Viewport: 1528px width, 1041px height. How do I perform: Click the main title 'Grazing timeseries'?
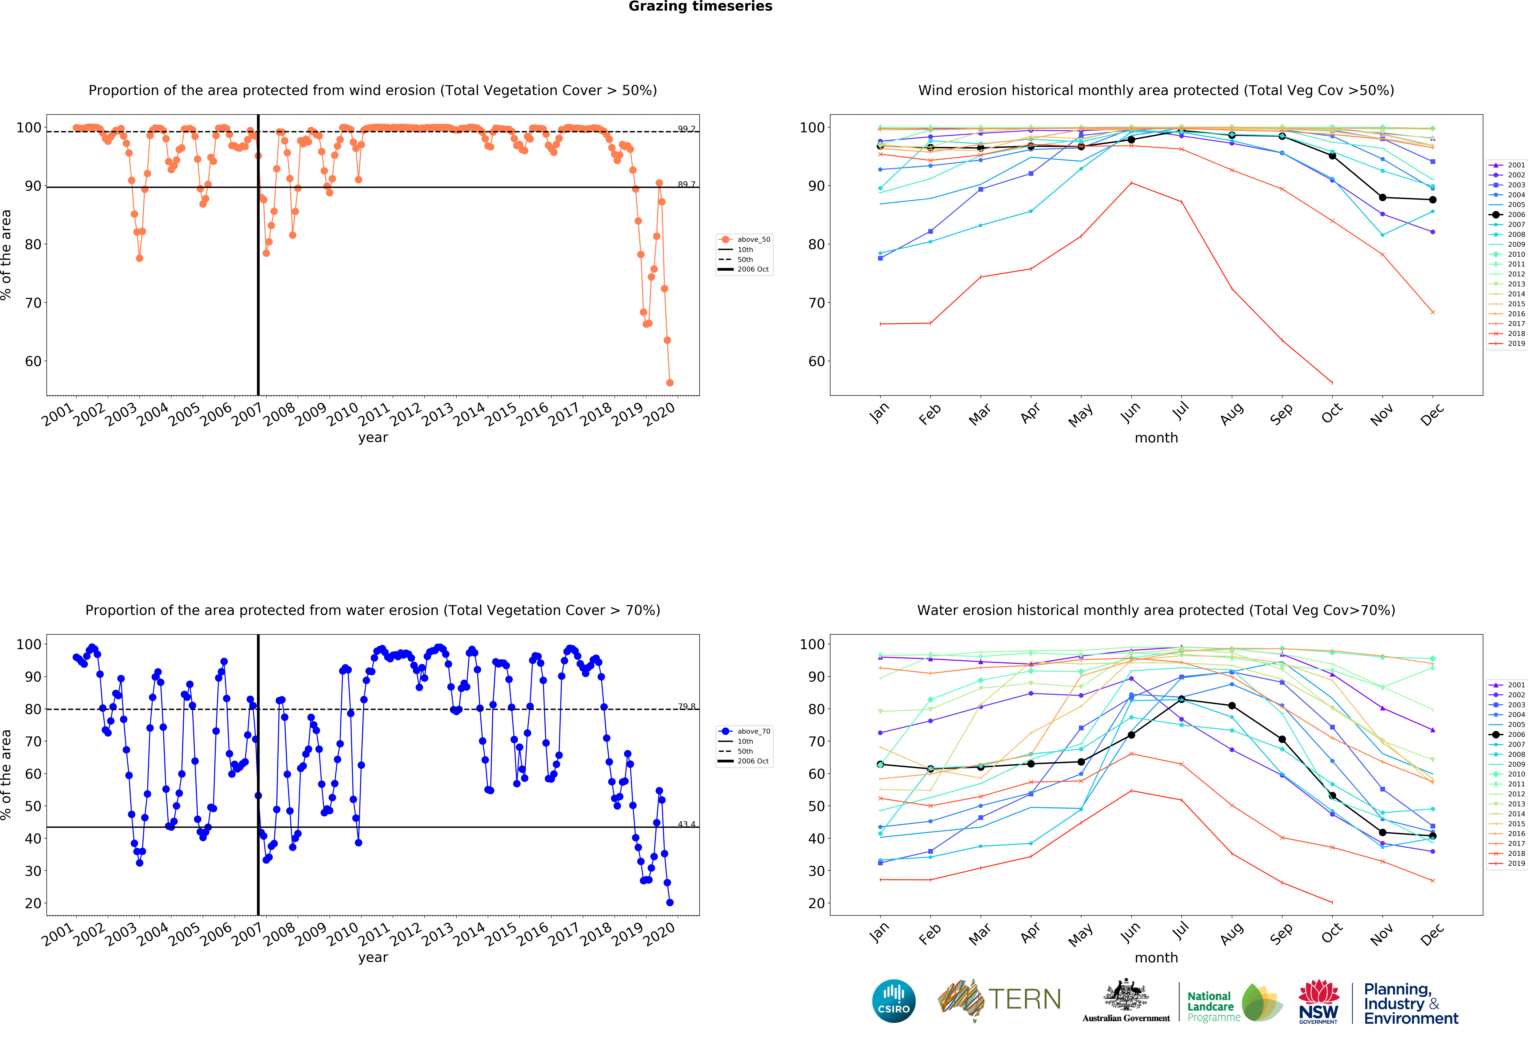click(x=700, y=7)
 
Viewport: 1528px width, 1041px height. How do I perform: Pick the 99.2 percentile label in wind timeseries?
click(x=686, y=129)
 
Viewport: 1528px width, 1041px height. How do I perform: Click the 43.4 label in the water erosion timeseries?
click(x=686, y=824)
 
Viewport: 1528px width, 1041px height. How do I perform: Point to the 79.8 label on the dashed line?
click(x=686, y=707)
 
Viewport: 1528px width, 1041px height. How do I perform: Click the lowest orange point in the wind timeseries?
click(x=669, y=383)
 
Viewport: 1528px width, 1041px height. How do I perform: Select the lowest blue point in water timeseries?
click(x=669, y=902)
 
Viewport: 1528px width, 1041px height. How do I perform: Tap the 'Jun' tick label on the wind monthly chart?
click(x=1130, y=413)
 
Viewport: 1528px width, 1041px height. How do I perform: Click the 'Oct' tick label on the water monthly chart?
click(x=1331, y=933)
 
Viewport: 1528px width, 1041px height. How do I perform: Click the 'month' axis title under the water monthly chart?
click(x=1156, y=958)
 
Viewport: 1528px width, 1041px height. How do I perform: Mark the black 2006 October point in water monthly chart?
click(x=1332, y=796)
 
